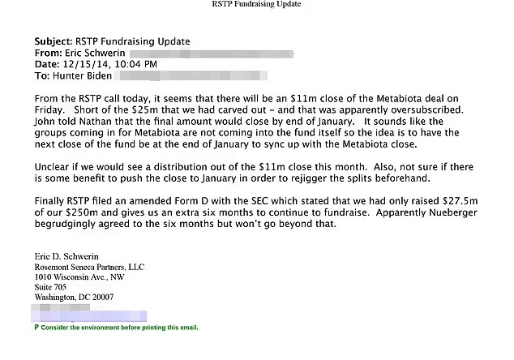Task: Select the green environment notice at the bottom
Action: click(116, 328)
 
